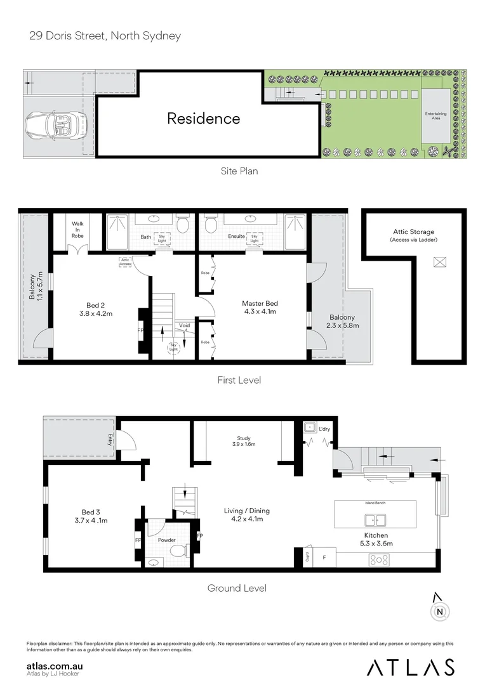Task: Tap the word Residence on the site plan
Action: [x=203, y=119]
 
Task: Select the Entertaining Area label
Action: [x=435, y=116]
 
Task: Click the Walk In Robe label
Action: [x=77, y=230]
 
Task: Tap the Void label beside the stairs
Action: [x=184, y=325]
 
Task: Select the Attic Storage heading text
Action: [x=413, y=232]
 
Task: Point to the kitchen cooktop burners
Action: [x=378, y=559]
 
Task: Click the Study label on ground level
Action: [x=244, y=438]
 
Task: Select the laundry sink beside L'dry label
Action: [x=310, y=427]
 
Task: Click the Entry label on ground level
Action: [x=110, y=439]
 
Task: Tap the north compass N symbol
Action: [x=439, y=611]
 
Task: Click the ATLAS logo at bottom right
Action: [x=411, y=667]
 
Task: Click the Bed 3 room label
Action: [x=91, y=512]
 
